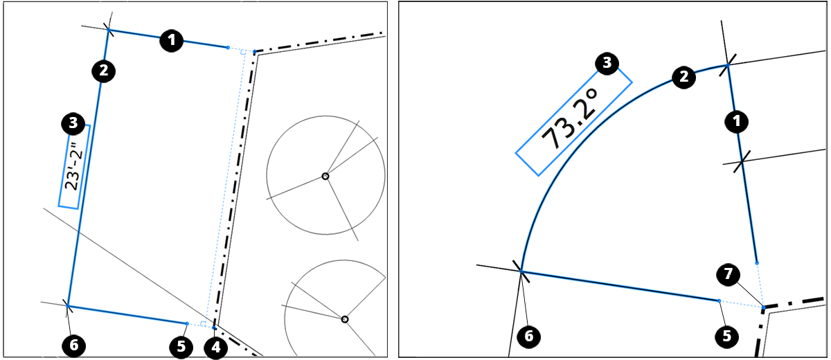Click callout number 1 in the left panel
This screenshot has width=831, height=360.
171,41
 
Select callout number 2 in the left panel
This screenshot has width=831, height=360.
104,71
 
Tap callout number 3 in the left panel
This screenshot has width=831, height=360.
72,124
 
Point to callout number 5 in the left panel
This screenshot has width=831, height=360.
181,345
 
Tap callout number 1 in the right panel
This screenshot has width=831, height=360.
735,122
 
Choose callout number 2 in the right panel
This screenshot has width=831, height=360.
683,77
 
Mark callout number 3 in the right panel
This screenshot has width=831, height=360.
607,64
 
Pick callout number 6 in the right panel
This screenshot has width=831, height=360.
529,336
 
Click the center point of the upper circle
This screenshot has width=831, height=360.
325,177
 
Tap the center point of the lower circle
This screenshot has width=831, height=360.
344,319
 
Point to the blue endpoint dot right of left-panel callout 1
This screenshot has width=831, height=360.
228,47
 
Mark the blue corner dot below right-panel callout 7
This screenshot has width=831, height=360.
762,307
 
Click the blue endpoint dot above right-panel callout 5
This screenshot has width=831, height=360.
719,300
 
